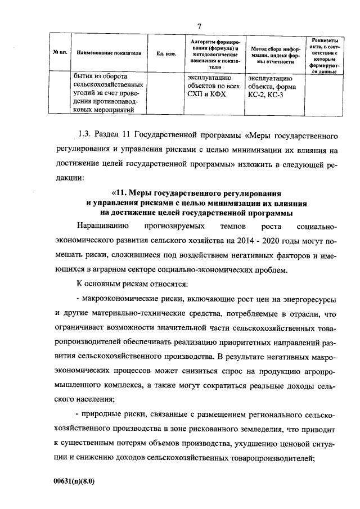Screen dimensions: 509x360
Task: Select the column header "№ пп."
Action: [60, 53]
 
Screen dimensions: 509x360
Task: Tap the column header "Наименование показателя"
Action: [109, 53]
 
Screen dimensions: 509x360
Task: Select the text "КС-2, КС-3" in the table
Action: [268, 95]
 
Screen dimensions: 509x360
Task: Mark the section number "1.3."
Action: [85, 137]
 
